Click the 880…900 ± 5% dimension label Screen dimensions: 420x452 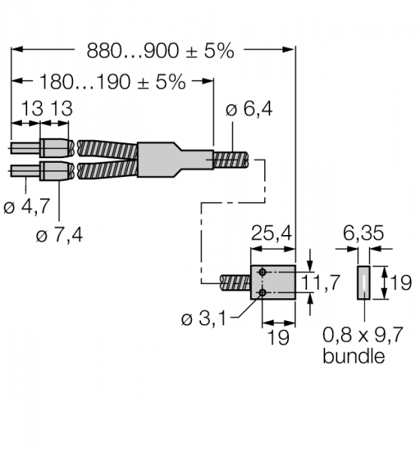click(160, 51)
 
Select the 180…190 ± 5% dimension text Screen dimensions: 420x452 click(112, 82)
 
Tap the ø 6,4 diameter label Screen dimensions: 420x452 click(249, 109)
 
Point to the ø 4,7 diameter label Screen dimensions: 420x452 click(27, 206)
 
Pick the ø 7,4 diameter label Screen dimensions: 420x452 click(59, 235)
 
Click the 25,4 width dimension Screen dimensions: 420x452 click(272, 234)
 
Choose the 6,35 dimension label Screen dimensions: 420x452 click(364, 233)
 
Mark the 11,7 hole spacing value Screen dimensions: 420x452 click(321, 282)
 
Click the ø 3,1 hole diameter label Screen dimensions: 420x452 click(204, 319)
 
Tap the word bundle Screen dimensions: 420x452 click(354, 356)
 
